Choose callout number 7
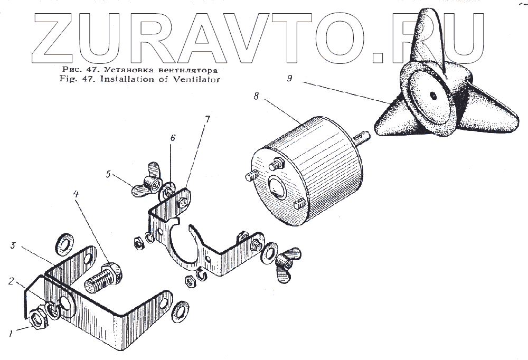point(208,119)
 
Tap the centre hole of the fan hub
point(432,95)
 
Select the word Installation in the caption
point(140,80)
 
